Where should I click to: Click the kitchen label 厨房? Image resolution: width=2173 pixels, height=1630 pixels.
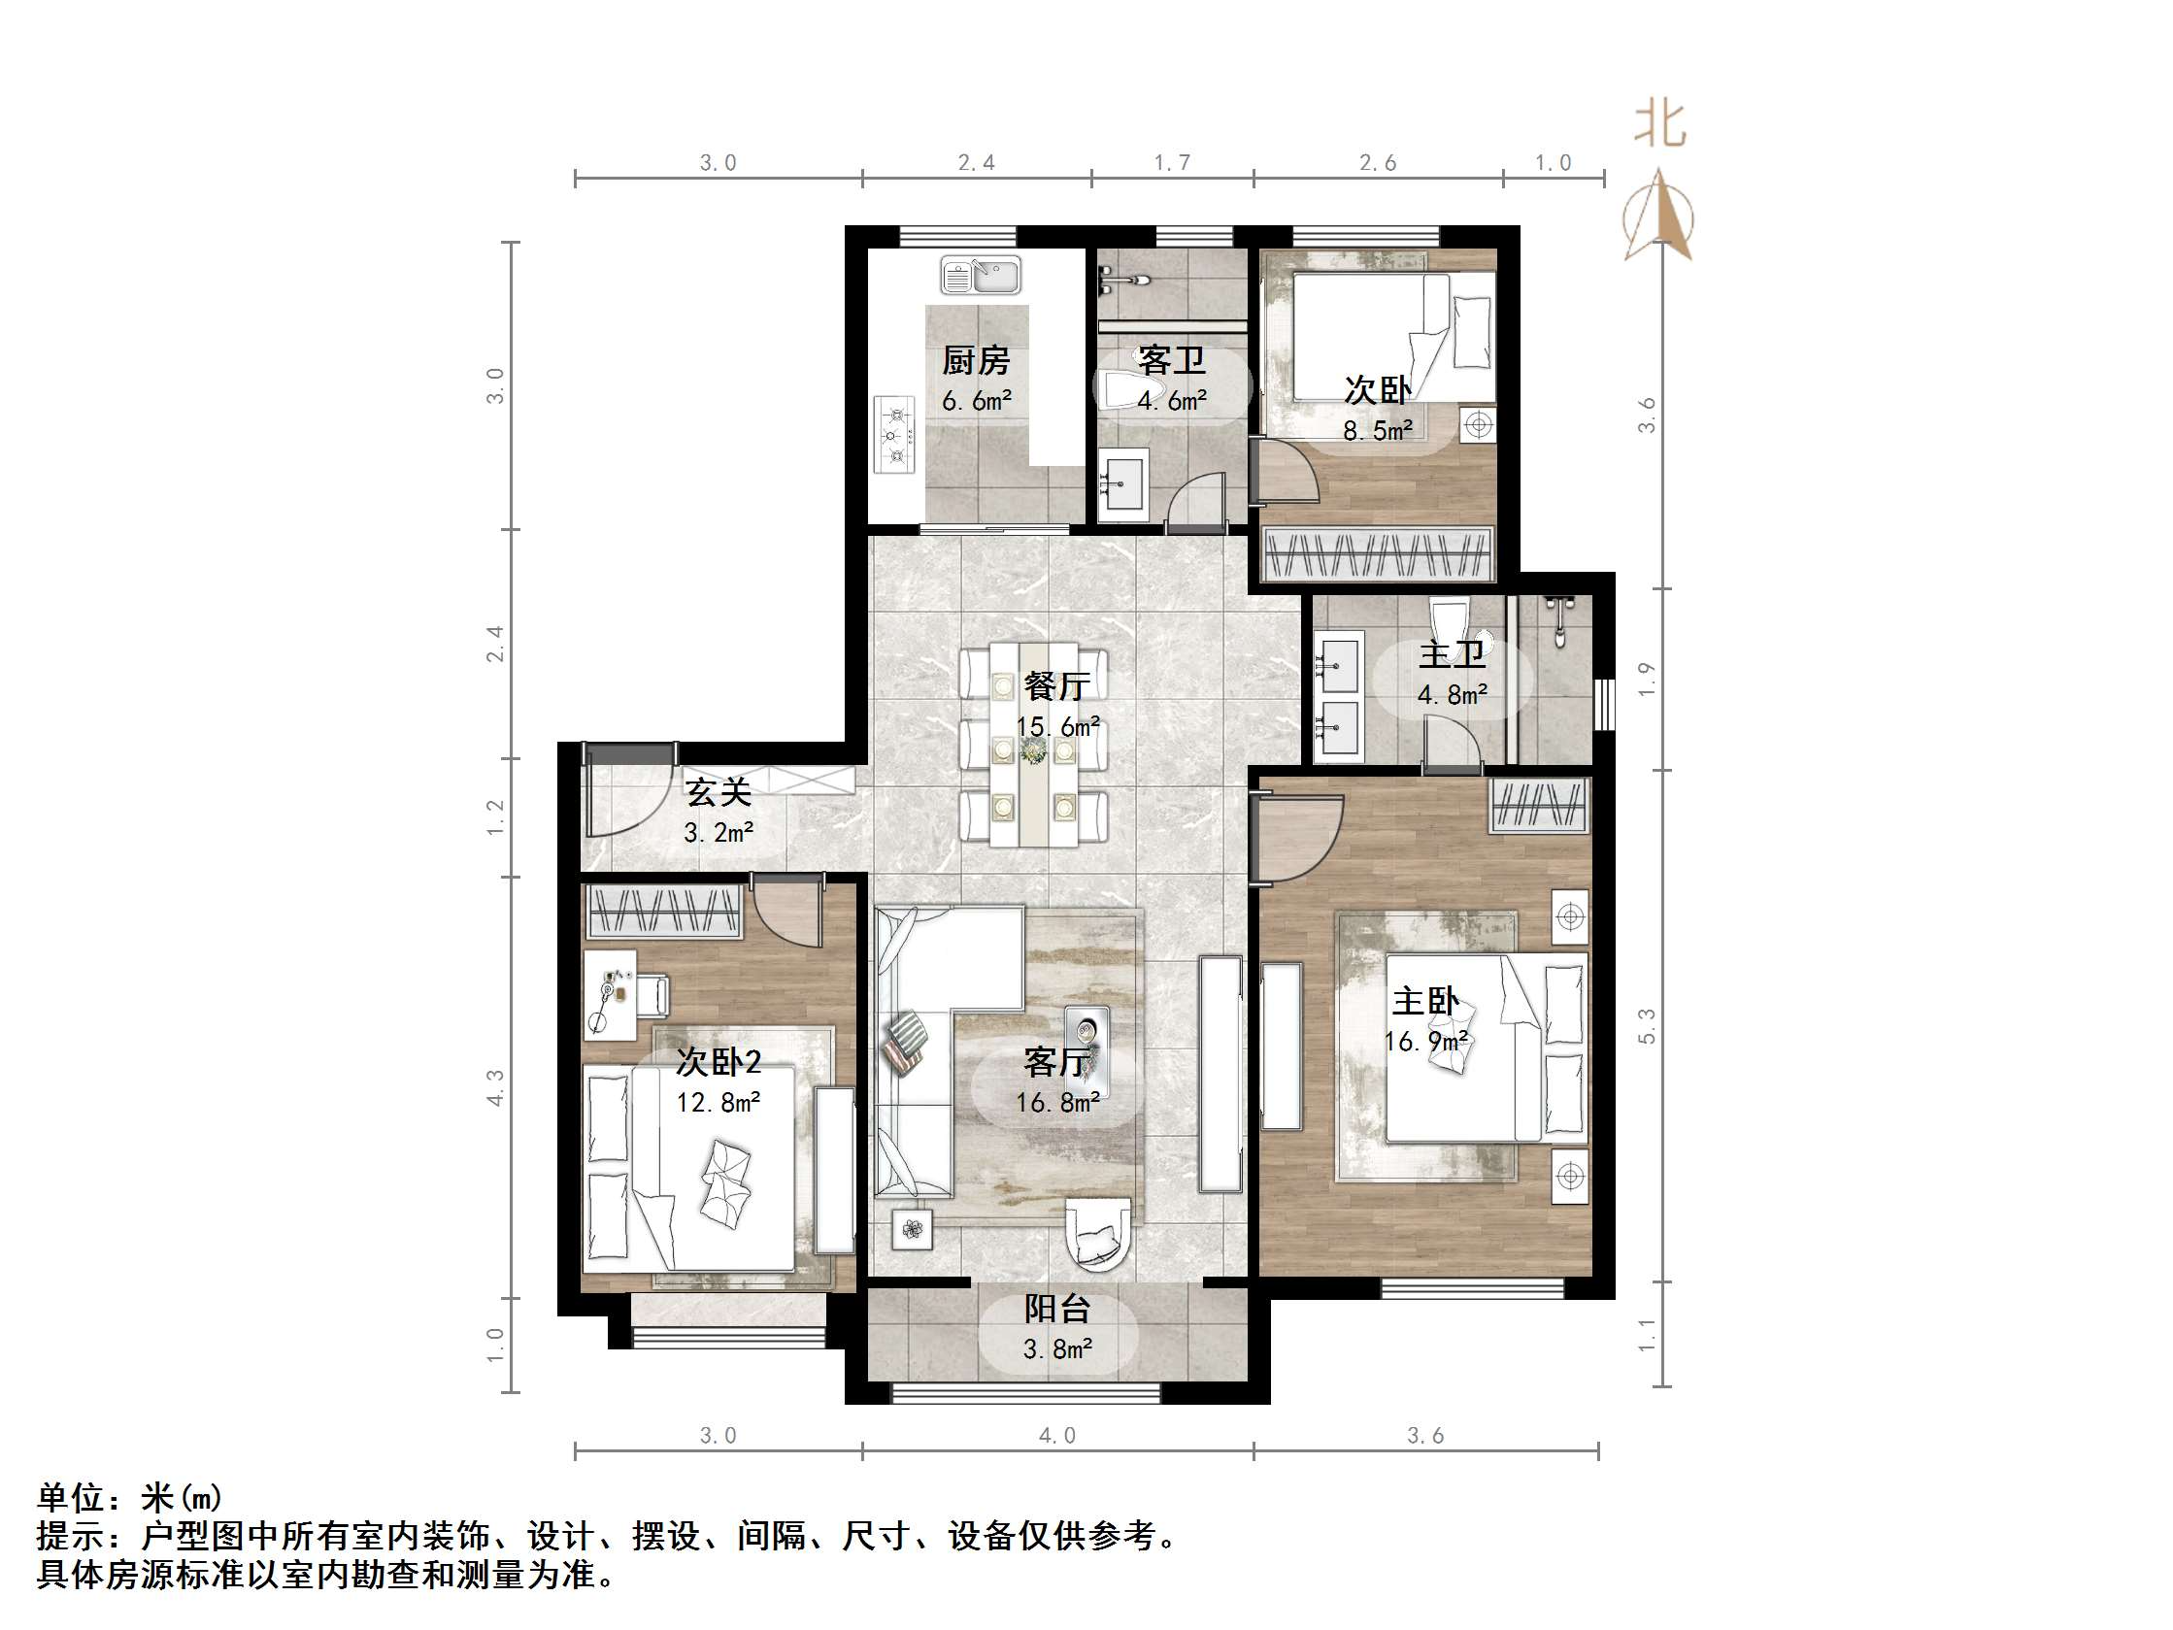pos(976,360)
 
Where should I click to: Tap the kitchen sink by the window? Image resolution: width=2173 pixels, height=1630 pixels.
pos(981,275)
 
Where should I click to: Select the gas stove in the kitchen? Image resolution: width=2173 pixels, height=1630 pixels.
pos(895,433)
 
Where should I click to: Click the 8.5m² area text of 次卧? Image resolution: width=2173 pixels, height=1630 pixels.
pos(1377,430)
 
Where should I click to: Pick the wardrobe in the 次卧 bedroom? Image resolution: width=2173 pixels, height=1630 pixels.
pos(1376,553)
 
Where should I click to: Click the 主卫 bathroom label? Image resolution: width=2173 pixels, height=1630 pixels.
pos(1451,654)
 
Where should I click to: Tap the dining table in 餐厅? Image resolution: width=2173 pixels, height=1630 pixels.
pos(1033,743)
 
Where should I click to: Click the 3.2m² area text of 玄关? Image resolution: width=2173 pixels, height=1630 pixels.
pos(719,833)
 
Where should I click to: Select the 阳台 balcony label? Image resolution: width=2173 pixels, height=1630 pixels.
pos(1057,1309)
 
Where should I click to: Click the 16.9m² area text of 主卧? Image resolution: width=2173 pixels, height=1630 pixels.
pos(1425,1041)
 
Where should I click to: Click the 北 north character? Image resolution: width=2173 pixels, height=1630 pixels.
pos(1659,126)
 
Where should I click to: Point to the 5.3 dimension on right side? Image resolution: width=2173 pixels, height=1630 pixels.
pos(1647,1026)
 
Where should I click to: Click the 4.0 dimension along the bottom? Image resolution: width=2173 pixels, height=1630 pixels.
pos(1057,1436)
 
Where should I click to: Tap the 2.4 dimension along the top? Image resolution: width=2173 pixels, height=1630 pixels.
pos(977,163)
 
